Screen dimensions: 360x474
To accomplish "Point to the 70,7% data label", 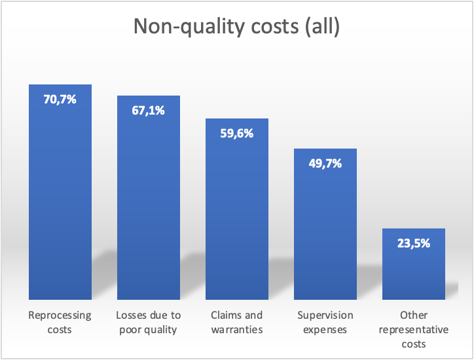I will point(60,100).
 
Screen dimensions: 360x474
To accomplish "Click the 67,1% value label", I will point(148,111).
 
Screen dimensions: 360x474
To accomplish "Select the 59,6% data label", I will point(237,134).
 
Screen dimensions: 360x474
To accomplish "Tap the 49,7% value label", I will point(325,164).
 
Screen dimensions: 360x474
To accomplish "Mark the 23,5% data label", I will point(413,243).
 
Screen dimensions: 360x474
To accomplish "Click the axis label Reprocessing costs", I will point(60,322).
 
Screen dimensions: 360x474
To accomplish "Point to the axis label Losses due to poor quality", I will point(148,322).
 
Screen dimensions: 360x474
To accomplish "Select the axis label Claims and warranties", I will point(237,322).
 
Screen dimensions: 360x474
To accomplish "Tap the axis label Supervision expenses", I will point(325,322).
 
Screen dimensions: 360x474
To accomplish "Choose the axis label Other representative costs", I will point(413,329).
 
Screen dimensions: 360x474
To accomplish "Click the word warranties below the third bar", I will point(237,329).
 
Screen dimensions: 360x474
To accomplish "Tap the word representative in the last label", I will point(413,329).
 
